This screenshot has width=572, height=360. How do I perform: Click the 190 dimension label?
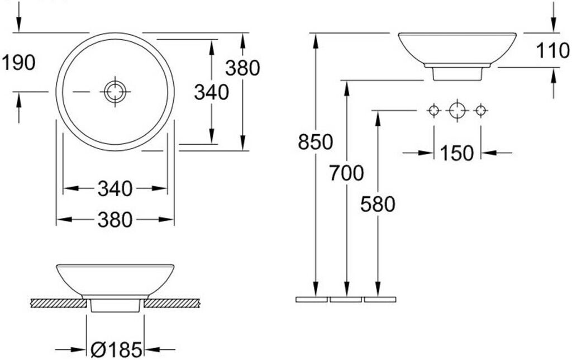tap(18, 63)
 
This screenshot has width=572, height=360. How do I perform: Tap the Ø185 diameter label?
tap(116, 350)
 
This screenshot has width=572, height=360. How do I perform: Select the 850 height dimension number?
tap(315, 142)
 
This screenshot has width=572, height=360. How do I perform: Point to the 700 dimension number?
tap(346, 174)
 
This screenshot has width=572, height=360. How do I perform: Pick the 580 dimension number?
tap(378, 205)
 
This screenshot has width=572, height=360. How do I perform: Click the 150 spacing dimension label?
tap(456, 153)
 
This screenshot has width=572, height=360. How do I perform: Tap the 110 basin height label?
tap(552, 51)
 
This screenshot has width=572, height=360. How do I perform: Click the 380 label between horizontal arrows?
tap(115, 220)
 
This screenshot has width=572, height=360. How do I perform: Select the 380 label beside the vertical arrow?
tap(243, 68)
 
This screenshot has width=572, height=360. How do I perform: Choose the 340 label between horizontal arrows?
tap(115, 189)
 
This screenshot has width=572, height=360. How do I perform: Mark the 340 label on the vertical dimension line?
tap(212, 92)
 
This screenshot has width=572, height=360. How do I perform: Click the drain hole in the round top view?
tap(115, 91)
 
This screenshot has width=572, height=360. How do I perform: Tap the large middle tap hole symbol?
tap(457, 111)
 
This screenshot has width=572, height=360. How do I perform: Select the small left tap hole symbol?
tap(434, 111)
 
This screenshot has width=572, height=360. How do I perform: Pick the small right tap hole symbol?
tap(480, 111)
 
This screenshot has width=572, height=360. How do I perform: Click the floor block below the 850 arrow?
tap(312, 300)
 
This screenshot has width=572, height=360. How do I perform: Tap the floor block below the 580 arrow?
tap(380, 300)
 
